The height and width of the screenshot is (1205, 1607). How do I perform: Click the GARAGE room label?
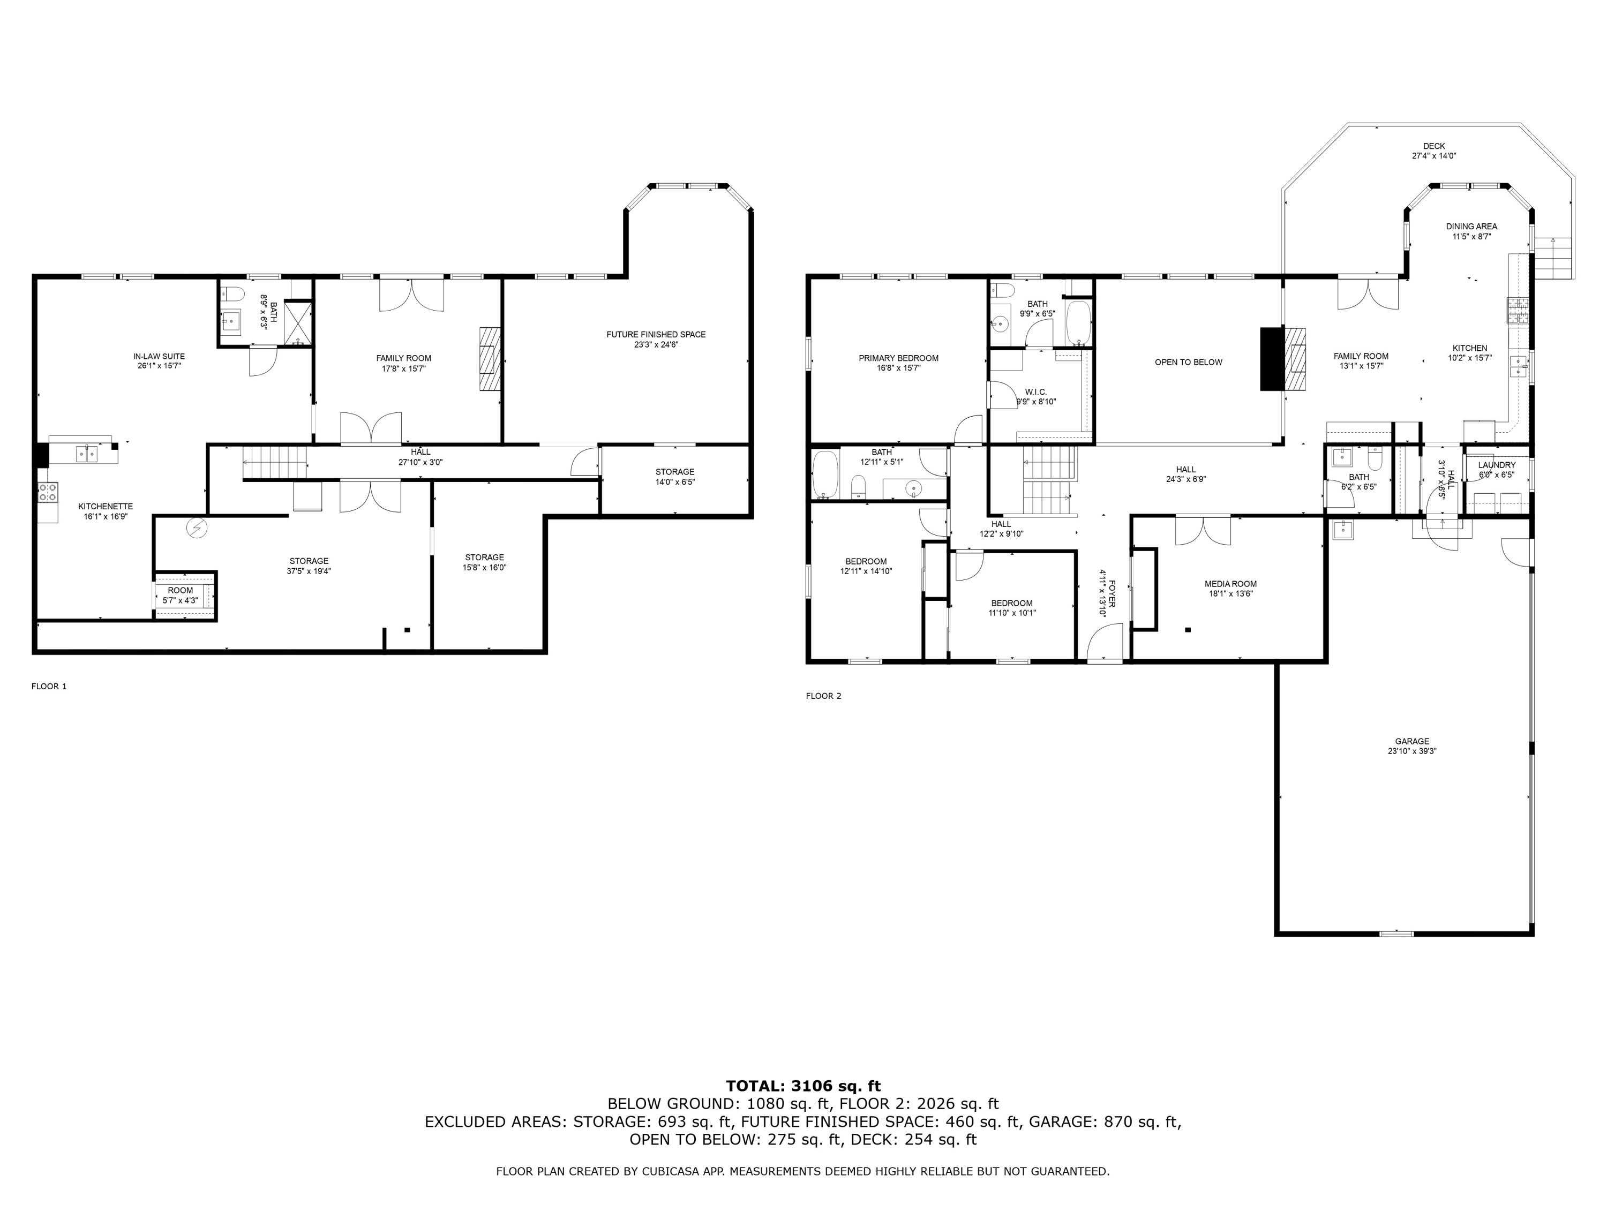pyautogui.click(x=1411, y=742)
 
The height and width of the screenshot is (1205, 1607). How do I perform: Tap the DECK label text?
pyautogui.click(x=1433, y=146)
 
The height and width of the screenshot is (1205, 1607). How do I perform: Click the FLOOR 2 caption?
pyautogui.click(x=823, y=696)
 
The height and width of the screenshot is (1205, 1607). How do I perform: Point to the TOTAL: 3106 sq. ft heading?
pyautogui.click(x=803, y=1086)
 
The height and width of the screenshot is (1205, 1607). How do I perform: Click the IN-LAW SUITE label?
pyautogui.click(x=159, y=357)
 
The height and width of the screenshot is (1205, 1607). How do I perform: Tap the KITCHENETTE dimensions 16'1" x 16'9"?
pyautogui.click(x=106, y=516)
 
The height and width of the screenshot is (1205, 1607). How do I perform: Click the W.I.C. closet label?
pyautogui.click(x=1035, y=392)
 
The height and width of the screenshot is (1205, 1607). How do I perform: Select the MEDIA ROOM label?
pyautogui.click(x=1230, y=584)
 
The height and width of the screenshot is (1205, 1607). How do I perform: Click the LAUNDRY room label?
pyautogui.click(x=1497, y=465)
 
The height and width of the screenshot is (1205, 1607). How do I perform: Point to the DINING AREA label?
pyautogui.click(x=1471, y=227)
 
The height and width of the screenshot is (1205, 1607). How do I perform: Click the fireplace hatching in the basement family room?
pyautogui.click(x=490, y=359)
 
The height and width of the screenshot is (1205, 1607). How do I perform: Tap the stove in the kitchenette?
pyautogui.click(x=48, y=493)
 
